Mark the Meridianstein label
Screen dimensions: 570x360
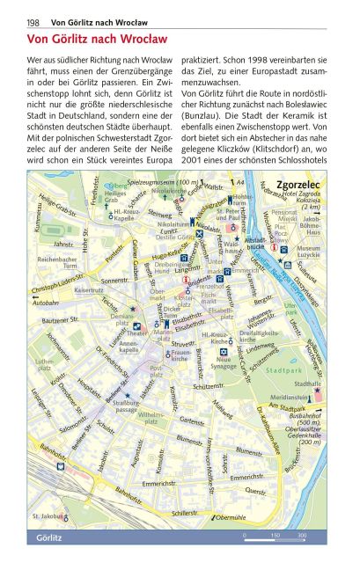pyautogui.click(x=290, y=396)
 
